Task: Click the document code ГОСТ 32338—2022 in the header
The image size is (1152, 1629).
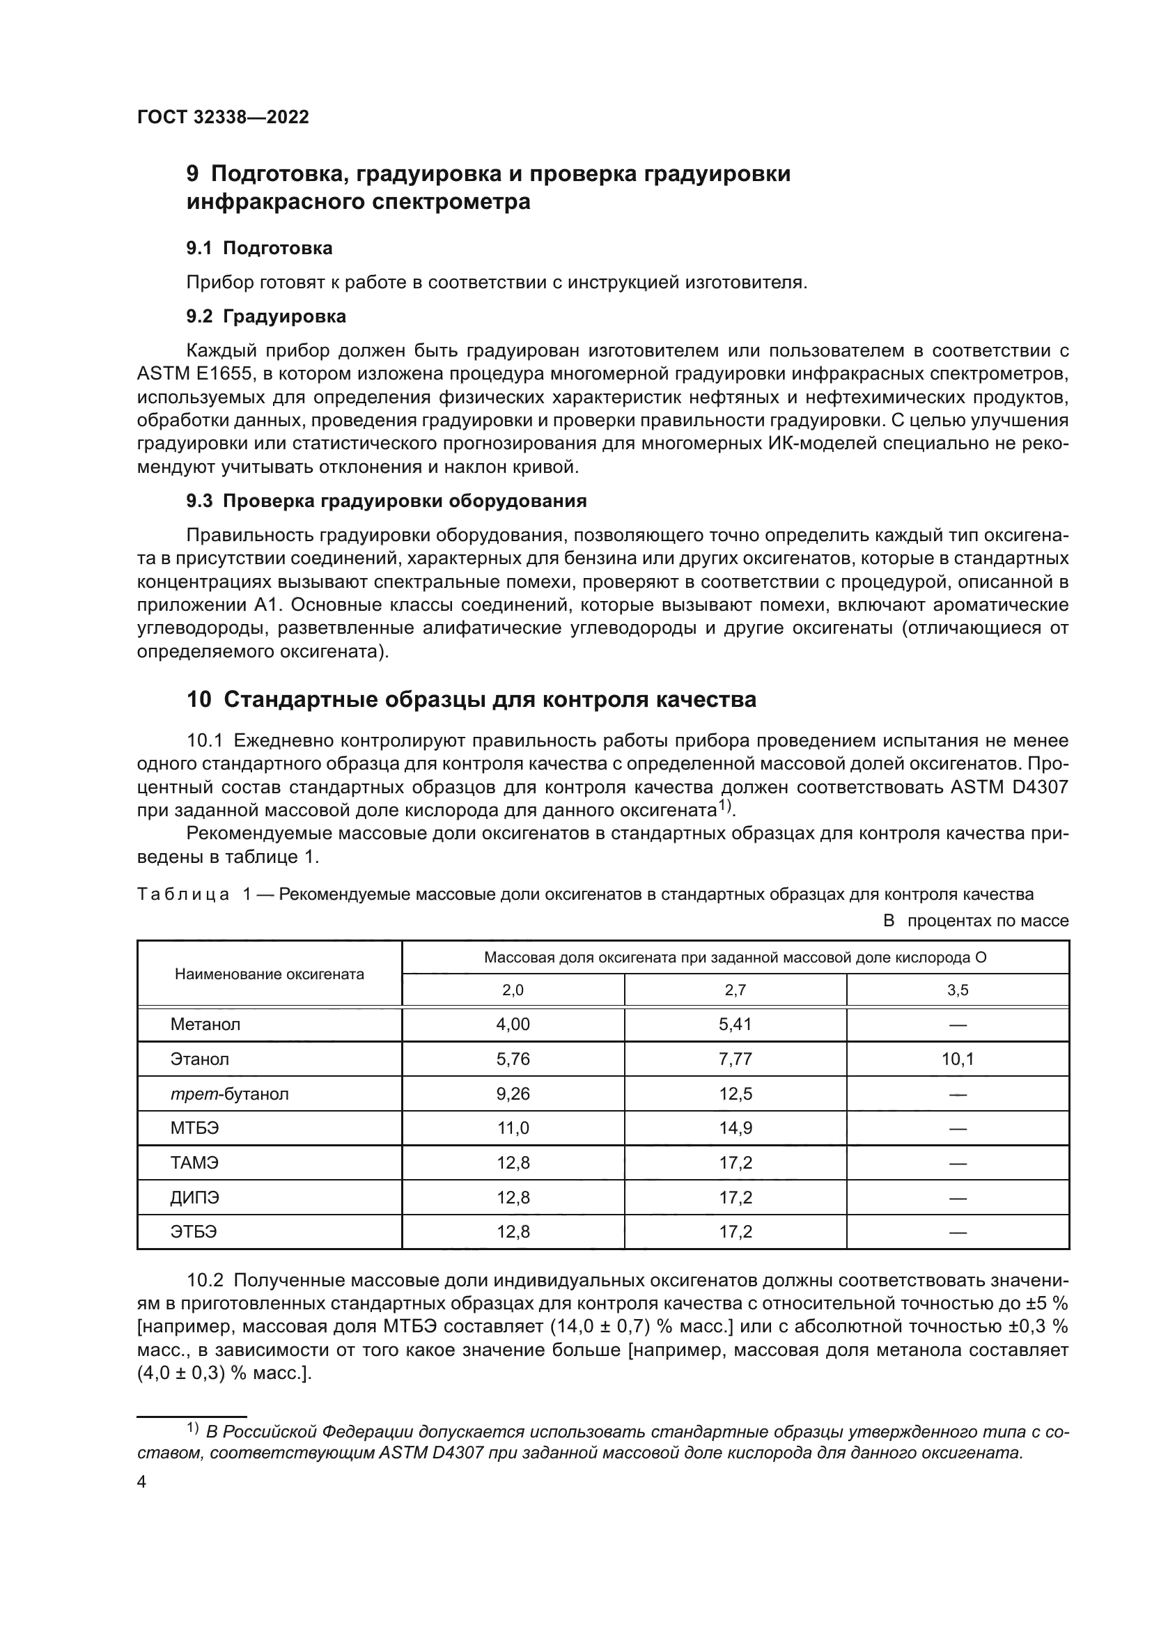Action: point(223,117)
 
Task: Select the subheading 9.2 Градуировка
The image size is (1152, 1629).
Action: point(266,316)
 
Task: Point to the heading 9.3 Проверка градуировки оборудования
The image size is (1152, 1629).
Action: point(387,501)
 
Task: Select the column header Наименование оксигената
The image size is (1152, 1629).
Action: point(269,974)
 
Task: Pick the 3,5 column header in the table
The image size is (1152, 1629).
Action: point(957,990)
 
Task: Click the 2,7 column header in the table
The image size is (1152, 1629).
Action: point(735,990)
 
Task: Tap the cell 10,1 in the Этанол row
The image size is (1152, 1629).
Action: point(957,1059)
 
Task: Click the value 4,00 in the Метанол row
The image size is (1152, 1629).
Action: point(513,1024)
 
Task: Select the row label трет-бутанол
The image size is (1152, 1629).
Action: point(229,1094)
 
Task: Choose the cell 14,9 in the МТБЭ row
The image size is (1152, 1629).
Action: point(735,1128)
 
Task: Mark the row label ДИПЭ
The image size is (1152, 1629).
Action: point(194,1198)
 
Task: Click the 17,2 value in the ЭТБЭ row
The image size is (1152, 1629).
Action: point(735,1232)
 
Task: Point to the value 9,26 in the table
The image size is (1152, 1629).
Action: point(513,1094)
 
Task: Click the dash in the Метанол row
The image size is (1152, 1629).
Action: point(957,1025)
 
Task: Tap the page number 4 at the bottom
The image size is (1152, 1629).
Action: point(141,1482)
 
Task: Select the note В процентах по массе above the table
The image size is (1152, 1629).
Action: point(975,921)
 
